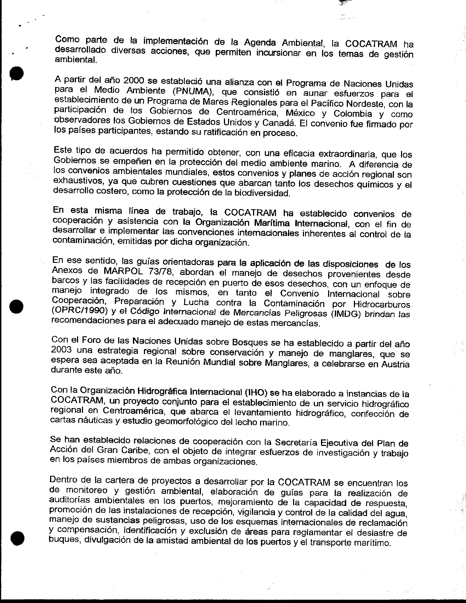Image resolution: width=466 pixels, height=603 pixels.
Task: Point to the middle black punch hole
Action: [x=16, y=306]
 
